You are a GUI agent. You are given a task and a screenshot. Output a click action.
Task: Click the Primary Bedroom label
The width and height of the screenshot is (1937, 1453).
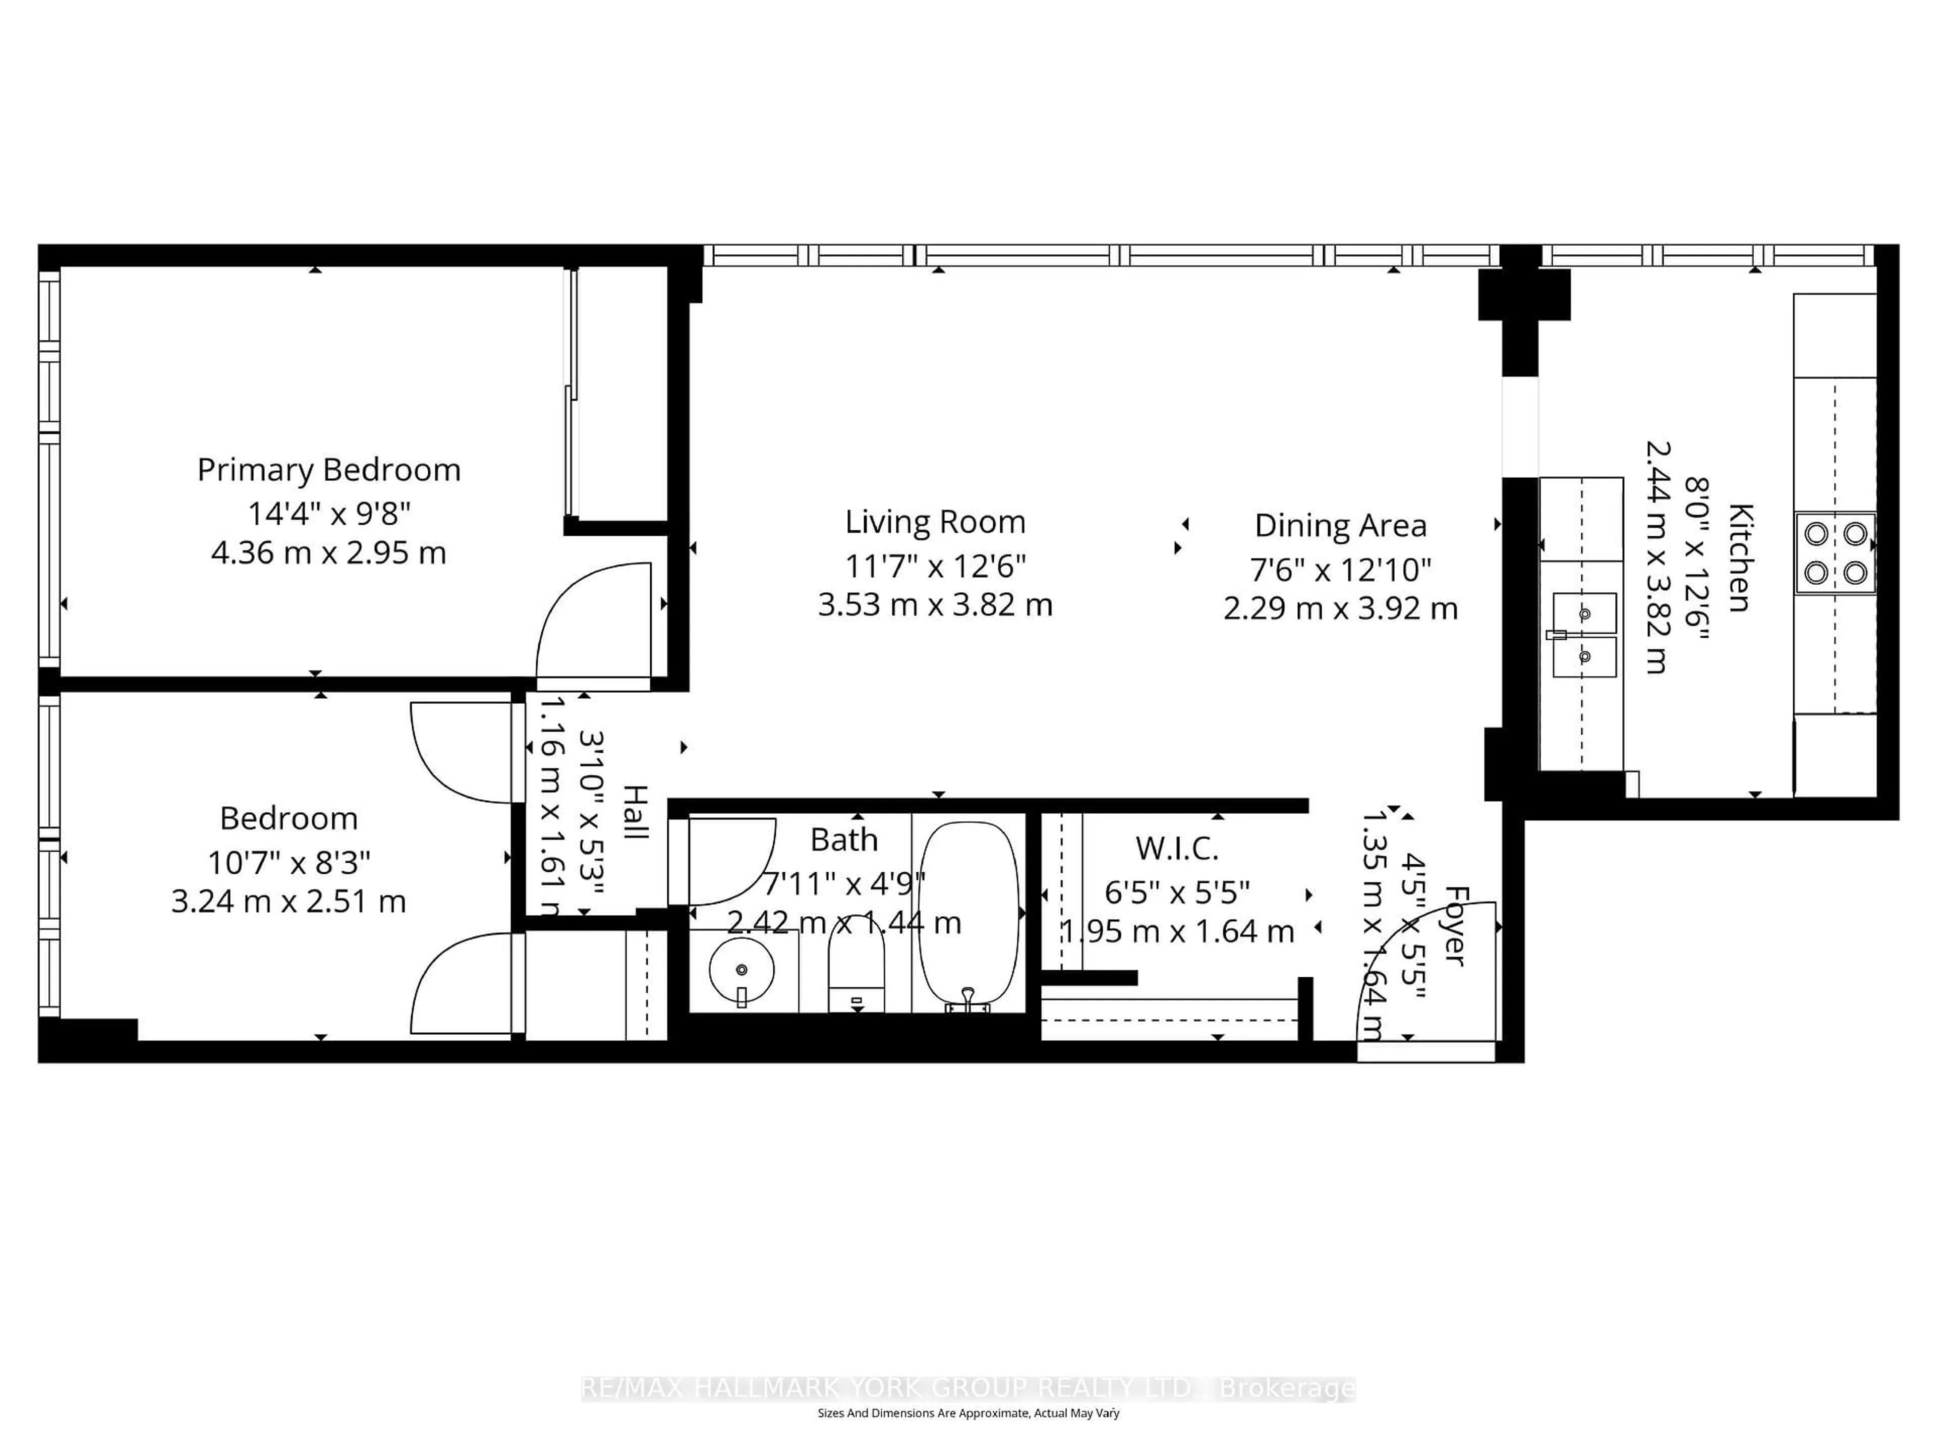328,470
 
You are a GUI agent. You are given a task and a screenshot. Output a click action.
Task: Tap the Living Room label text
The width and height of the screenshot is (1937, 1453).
934,522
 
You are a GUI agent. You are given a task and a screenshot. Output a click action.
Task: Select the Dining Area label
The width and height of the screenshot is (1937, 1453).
1340,526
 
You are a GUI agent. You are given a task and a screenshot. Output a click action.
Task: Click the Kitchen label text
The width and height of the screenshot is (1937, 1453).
1739,558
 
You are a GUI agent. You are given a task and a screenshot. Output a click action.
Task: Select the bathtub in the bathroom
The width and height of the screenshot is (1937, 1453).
968,915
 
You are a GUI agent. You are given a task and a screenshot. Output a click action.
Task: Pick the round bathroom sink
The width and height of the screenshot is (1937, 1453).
742,970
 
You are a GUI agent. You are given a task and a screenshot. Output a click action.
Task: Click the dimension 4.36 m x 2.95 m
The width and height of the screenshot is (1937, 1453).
328,552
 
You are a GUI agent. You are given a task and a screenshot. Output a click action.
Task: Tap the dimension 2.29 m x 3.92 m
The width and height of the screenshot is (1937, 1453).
1340,608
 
